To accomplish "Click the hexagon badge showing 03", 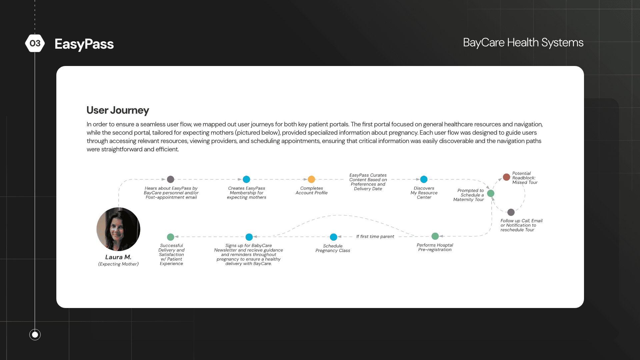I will [35, 43].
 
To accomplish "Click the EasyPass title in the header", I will [84, 44].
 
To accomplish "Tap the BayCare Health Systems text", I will [523, 43].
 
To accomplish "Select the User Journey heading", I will [118, 110].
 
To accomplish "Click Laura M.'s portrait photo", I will [118, 229].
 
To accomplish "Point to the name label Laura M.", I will [118, 257].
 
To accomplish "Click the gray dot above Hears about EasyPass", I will [171, 179].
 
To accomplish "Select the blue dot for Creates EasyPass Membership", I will [246, 179].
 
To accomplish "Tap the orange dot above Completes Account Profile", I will [311, 179].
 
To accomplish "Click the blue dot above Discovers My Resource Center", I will [424, 179].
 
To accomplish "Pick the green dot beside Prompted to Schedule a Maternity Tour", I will [491, 193].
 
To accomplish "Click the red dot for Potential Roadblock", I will [506, 177].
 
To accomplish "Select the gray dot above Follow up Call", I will [511, 212].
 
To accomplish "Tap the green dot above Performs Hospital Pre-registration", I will [435, 236].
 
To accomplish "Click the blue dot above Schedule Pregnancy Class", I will [333, 237].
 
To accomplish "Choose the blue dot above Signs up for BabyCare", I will [249, 237].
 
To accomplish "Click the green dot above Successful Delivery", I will [171, 237].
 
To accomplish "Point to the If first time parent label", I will [375, 237].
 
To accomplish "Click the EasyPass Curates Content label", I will [368, 182].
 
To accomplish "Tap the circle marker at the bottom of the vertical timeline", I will [35, 334].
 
